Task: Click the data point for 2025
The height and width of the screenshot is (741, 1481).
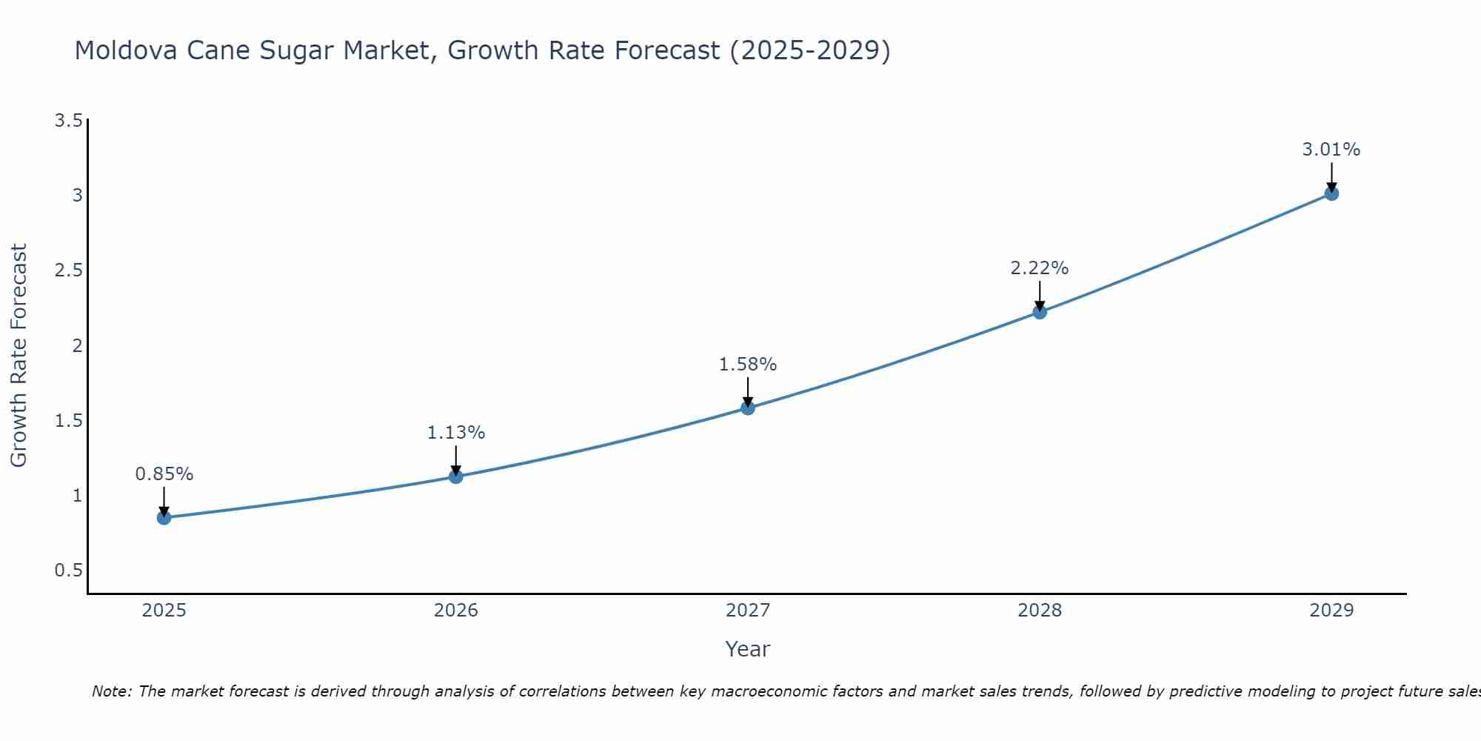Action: click(164, 517)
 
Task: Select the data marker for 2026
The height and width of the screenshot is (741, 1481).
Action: click(455, 476)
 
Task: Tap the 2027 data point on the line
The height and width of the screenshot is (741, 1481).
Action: click(747, 408)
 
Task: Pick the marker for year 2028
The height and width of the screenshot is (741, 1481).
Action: click(1039, 312)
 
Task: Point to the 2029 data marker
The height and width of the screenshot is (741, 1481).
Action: click(1331, 193)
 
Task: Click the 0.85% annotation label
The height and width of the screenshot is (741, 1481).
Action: click(164, 474)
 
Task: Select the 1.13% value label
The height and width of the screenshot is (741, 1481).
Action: click(455, 433)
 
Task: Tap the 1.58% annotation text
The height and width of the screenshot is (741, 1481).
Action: click(747, 365)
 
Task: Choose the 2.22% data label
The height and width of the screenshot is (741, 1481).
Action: click(1039, 268)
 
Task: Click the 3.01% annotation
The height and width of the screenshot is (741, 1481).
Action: click(1331, 150)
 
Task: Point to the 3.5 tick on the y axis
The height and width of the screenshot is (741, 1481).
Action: click(68, 121)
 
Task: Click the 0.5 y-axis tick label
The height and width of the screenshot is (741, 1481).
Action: click(68, 571)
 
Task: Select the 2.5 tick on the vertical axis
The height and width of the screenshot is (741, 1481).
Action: click(68, 270)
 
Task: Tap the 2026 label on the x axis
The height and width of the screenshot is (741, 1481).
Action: click(455, 611)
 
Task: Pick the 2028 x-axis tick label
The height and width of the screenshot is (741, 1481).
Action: click(1039, 611)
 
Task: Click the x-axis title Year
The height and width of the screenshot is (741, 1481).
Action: click(747, 649)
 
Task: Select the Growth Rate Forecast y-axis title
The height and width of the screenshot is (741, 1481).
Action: click(19, 356)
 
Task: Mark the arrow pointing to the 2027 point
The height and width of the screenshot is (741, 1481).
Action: click(747, 391)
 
